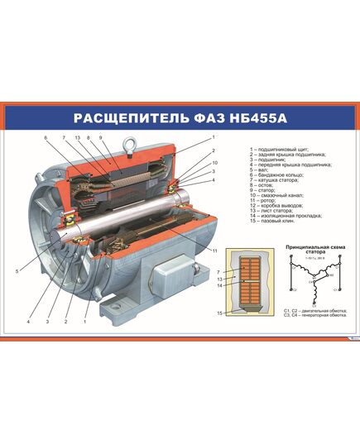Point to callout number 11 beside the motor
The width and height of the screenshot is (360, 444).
pos(214,250)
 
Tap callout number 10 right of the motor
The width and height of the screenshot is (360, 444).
pos(213,163)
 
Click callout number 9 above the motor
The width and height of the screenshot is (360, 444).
pos(100,137)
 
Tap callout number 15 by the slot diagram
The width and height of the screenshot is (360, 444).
pos(219,313)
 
